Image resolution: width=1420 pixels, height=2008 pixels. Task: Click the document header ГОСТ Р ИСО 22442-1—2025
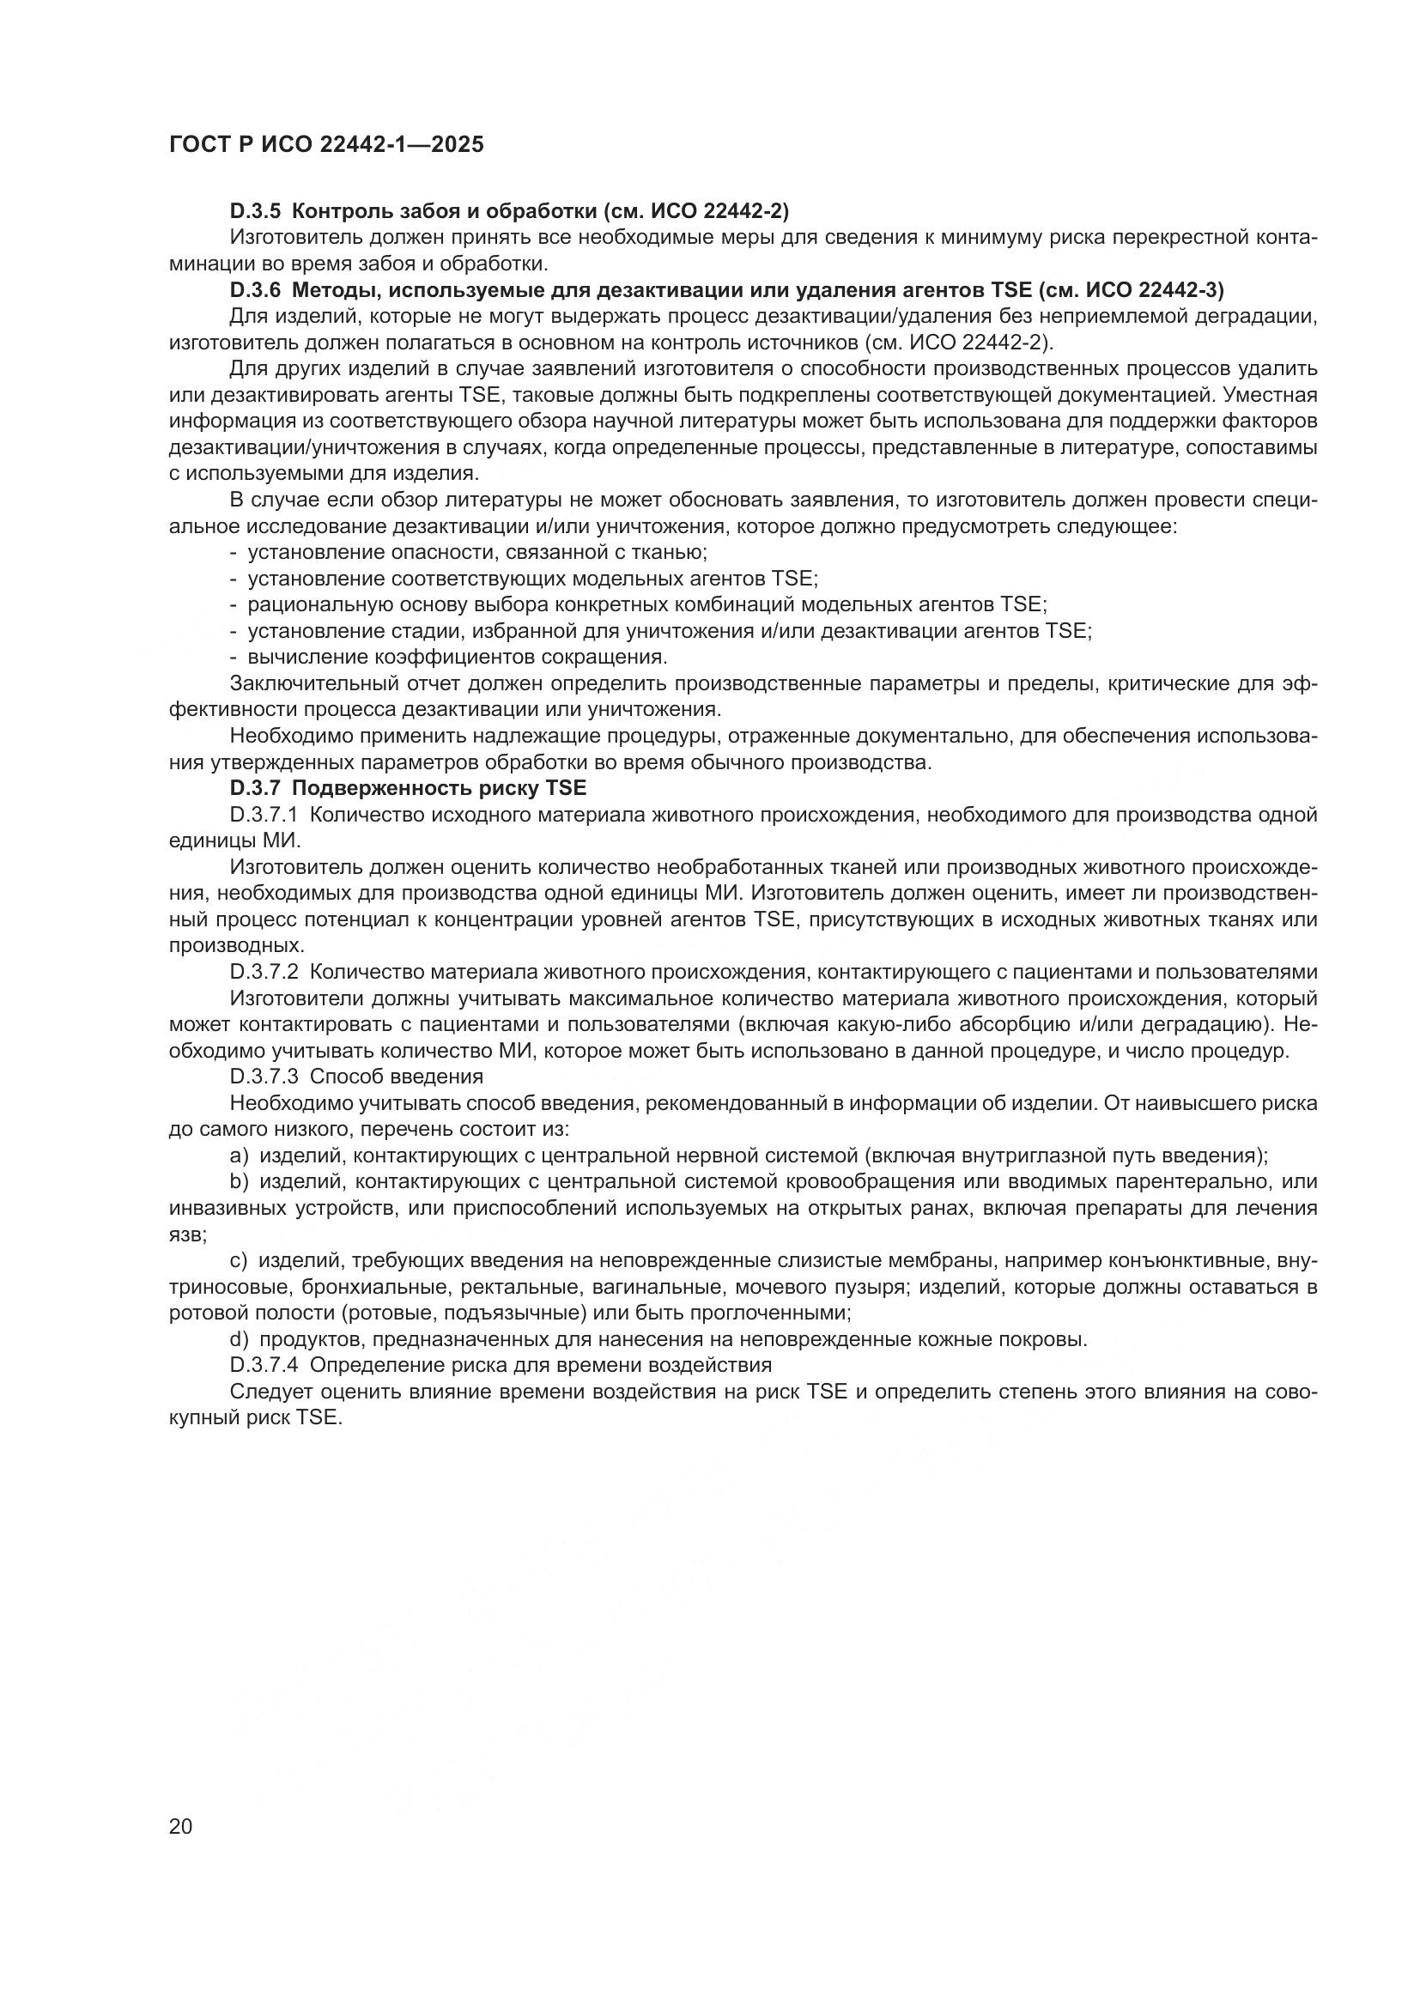point(326,145)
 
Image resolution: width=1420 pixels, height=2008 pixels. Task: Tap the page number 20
point(180,1826)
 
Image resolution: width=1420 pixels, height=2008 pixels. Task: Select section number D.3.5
point(255,211)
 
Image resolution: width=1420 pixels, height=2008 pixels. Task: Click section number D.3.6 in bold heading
point(255,289)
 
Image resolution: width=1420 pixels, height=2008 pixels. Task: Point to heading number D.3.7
point(255,788)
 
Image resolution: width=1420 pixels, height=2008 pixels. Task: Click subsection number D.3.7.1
point(264,814)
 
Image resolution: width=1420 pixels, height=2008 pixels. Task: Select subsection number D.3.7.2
point(264,972)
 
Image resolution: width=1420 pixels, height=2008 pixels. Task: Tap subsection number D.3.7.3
point(264,1077)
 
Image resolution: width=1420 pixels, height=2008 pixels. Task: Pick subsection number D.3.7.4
point(264,1365)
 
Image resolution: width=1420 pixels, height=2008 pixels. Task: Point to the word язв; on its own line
point(188,1235)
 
